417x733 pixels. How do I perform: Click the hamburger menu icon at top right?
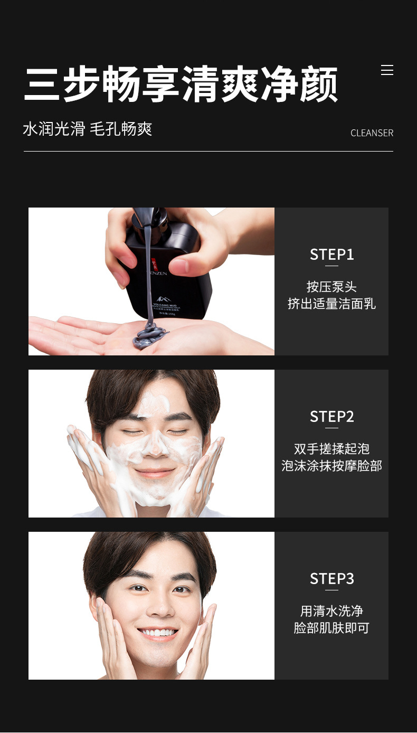387,70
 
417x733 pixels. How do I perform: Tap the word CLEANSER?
372,133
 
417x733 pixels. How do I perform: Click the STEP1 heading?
331,255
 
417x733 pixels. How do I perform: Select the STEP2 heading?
331,417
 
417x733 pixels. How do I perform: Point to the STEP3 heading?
331,579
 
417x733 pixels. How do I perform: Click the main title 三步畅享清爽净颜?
181,84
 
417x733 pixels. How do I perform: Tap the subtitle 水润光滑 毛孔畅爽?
88,129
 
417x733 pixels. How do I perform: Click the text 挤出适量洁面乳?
331,304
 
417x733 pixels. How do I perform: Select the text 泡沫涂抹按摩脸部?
331,466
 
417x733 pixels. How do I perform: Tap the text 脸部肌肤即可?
331,628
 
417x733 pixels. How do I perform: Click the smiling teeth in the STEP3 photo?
157,632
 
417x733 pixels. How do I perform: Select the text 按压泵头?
331,287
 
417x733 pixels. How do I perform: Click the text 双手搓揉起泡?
331,449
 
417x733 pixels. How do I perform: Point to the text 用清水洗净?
331,611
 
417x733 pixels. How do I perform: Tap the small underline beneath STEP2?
331,428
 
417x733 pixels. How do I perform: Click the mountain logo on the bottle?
163,299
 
